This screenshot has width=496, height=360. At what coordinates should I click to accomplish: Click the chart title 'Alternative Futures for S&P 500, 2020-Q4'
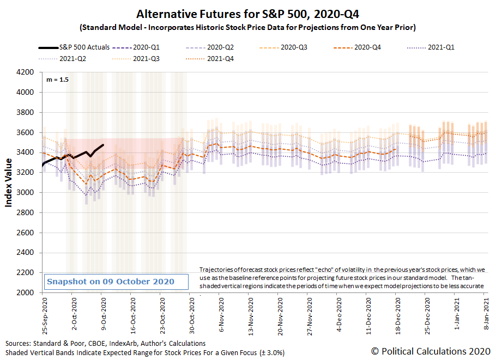248,13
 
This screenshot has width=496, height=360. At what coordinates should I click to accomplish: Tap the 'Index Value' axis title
9,182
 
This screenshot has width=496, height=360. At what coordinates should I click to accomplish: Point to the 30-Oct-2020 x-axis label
191,312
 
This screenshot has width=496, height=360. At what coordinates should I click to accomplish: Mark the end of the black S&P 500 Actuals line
104,145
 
